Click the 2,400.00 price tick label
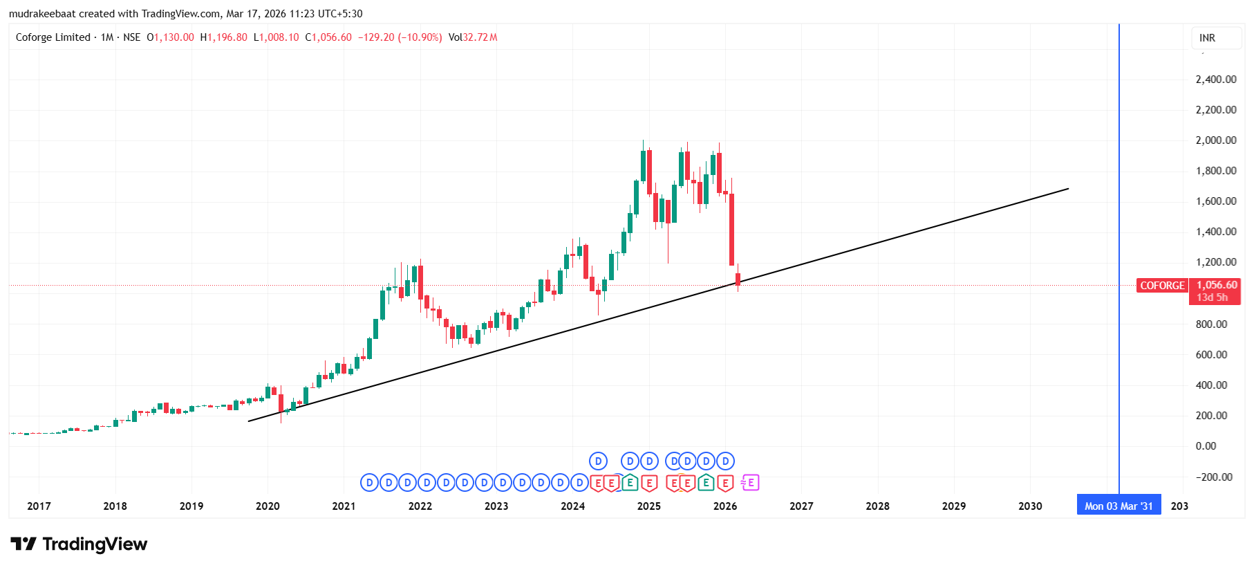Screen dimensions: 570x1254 (1215, 80)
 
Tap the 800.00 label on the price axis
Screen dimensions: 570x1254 (1211, 324)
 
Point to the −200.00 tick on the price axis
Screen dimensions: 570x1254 (1214, 477)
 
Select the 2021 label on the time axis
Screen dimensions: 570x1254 (344, 506)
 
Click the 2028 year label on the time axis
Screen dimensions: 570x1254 (877, 506)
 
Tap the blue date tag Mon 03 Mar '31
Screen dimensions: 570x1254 (1119, 506)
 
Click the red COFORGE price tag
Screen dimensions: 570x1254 (1162, 286)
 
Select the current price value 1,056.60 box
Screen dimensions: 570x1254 (1216, 285)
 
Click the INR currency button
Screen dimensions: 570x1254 (1207, 38)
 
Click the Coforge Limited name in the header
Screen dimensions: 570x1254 (53, 37)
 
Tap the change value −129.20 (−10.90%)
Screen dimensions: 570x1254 (400, 37)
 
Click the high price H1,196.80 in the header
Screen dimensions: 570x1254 (223, 37)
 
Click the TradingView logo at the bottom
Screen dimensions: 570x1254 (79, 544)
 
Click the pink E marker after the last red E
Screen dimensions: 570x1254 (750, 483)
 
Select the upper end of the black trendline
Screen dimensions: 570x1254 (1068, 189)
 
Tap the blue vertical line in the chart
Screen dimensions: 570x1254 (1119, 208)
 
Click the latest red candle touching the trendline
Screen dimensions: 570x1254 (738, 279)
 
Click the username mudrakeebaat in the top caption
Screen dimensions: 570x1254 (42, 14)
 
